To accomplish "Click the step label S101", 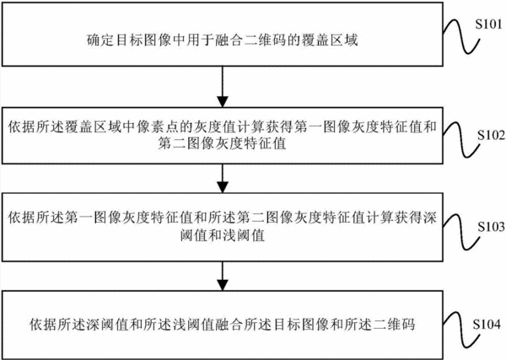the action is [x=488, y=24].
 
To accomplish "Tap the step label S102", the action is [x=491, y=136].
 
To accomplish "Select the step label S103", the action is [x=491, y=227].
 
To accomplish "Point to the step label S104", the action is [x=487, y=324].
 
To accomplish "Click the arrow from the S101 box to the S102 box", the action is [x=223, y=87].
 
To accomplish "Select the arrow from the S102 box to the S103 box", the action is [x=223, y=179].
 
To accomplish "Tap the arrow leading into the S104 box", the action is [x=223, y=277].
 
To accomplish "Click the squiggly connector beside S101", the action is [x=461, y=36].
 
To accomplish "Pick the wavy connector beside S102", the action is [x=461, y=139].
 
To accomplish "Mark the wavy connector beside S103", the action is [x=461, y=232].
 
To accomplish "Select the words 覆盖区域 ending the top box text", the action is [x=330, y=40].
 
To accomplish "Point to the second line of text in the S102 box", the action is [x=222, y=143].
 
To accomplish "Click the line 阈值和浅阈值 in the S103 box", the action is [x=223, y=235].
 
